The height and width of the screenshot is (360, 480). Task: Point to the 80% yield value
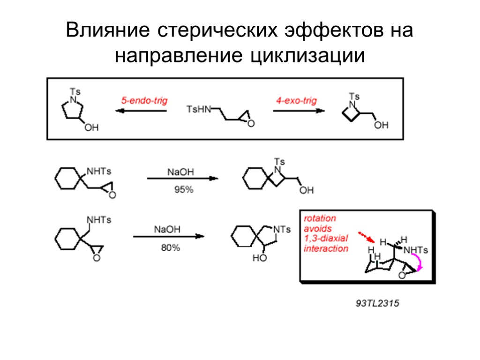pos(170,248)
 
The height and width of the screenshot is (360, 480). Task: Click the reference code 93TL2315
pos(377,304)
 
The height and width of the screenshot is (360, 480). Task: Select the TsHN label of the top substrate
pos(199,110)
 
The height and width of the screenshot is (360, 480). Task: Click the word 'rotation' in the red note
pos(320,219)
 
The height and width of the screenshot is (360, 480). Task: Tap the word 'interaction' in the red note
pos(326,248)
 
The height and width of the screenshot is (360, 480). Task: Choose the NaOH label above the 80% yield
pos(167,230)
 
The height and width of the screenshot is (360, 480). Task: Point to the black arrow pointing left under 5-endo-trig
pos(141,111)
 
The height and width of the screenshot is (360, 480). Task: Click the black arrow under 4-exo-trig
pos(299,111)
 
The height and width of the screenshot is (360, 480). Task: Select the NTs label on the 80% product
pos(282,229)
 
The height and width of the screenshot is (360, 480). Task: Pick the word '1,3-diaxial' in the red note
pos(326,239)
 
